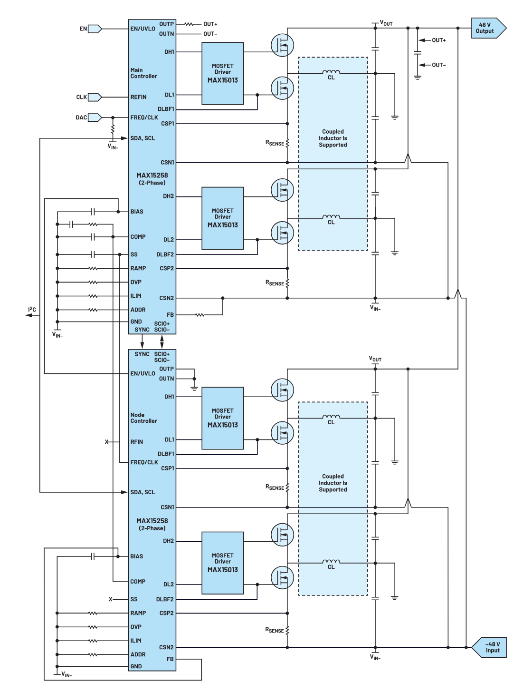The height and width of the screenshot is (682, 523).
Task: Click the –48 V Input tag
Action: (x=490, y=647)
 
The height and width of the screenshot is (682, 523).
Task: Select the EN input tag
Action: (x=95, y=29)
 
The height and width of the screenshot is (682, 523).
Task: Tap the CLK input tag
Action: (x=94, y=97)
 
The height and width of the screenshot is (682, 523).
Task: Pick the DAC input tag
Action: (x=94, y=117)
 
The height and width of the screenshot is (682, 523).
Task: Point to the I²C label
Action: (x=32, y=310)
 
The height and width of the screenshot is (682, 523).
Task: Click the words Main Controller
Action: (x=143, y=73)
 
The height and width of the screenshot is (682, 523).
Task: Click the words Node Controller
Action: (x=143, y=418)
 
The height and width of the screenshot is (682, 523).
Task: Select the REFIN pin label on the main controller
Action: (x=138, y=97)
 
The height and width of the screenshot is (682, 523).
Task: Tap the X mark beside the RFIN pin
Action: (x=107, y=442)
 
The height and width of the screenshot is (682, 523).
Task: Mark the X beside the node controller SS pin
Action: (x=111, y=599)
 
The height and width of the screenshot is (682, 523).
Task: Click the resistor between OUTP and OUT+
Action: (x=190, y=24)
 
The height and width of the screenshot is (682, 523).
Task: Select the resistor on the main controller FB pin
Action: (x=200, y=315)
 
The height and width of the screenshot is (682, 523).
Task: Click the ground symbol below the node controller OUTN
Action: (x=194, y=388)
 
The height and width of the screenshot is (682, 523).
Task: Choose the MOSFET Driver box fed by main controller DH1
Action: (x=222, y=74)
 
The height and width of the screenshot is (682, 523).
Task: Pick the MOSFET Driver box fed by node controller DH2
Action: (x=222, y=563)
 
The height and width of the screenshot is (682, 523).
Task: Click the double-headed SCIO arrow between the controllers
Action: (x=162, y=341)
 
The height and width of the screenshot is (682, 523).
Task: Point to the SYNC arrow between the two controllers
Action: (x=142, y=341)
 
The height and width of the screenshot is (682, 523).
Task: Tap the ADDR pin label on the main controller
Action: (x=138, y=310)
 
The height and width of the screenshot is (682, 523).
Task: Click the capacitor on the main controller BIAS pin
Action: (x=93, y=212)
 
